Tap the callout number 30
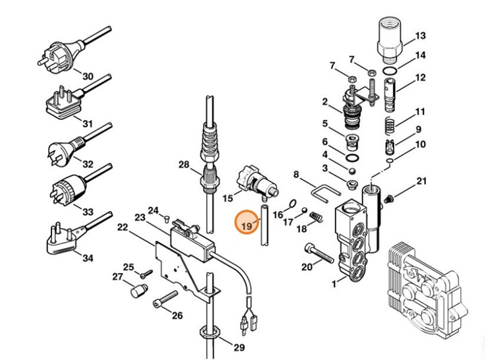(x=88, y=76)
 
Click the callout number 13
(x=420, y=36)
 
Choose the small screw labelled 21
(x=389, y=196)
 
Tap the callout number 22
(x=123, y=227)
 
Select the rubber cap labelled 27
(x=137, y=291)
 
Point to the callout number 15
(x=228, y=196)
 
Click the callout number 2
(x=324, y=102)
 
